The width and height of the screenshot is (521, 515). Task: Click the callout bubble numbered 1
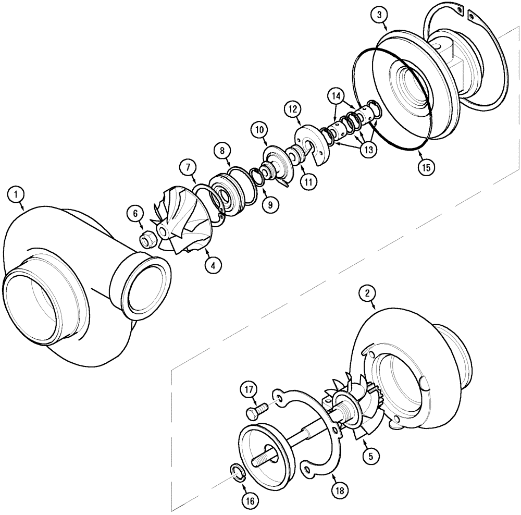(x=17, y=196)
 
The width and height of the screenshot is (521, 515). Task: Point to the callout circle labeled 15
(x=426, y=167)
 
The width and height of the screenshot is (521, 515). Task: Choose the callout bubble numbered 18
(x=339, y=490)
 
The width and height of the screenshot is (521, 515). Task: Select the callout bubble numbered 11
(x=308, y=182)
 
